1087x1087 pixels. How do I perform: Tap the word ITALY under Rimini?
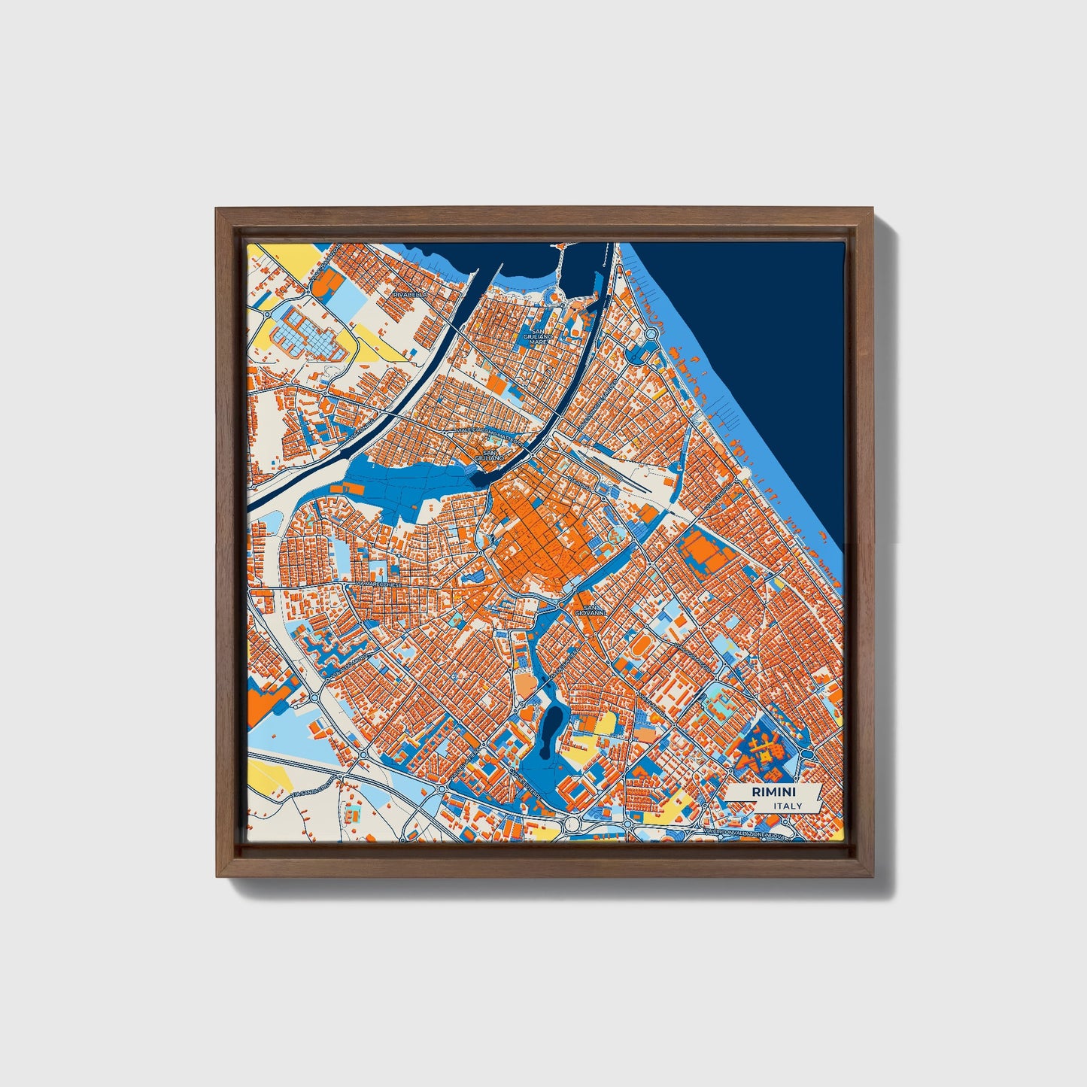pyautogui.click(x=788, y=806)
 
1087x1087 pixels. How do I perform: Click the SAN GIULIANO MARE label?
pyautogui.click(x=538, y=336)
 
